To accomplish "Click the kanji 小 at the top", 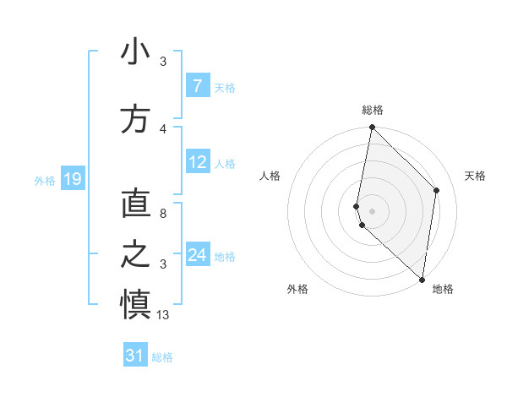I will tap(135, 54).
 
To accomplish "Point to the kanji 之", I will tap(135, 254).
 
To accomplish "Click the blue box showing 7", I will tap(197, 86).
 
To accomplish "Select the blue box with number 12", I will tap(198, 162).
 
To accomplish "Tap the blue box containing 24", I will tap(198, 255).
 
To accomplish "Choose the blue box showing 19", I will tap(73, 179).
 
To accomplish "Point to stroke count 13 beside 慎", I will tap(163, 315).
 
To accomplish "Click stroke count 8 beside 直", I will tap(163, 215).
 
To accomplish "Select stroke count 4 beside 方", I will tap(163, 128).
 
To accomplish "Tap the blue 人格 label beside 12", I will tap(225, 163).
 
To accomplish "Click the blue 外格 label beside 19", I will tap(45, 180).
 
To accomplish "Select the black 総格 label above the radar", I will tap(373, 110).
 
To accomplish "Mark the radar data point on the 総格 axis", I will tap(372, 128).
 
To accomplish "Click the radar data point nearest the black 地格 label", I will tap(422, 279).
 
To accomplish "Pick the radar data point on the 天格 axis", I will tap(437, 190).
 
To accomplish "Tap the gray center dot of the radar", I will tap(372, 210).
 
